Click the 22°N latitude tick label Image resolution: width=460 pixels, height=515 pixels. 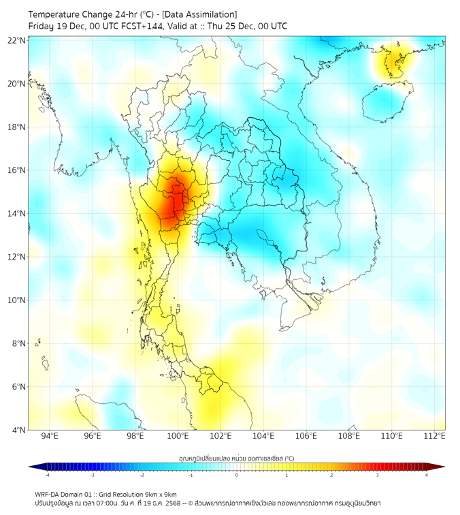coord(17,41)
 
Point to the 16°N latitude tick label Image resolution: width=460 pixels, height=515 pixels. coord(17,170)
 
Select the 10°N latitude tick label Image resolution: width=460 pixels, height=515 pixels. coord(17,300)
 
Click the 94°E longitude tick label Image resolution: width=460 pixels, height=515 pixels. coord(50,436)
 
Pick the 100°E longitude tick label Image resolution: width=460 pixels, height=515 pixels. coord(178,436)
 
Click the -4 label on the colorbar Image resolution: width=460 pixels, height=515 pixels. coord(47,475)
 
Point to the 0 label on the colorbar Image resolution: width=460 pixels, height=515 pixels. coord(237,475)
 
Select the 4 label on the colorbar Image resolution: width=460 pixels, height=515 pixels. coord(427,475)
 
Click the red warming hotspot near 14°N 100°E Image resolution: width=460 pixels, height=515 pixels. coord(175,202)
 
